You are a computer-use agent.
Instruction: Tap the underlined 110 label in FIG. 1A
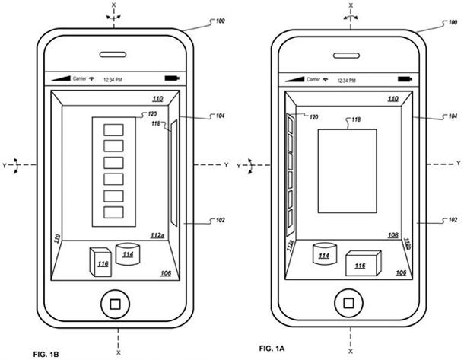click(392, 100)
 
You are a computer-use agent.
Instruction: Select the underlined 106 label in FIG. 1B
click(164, 272)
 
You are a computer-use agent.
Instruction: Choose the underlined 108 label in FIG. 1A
click(393, 236)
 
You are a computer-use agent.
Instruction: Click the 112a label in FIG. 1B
click(157, 236)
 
